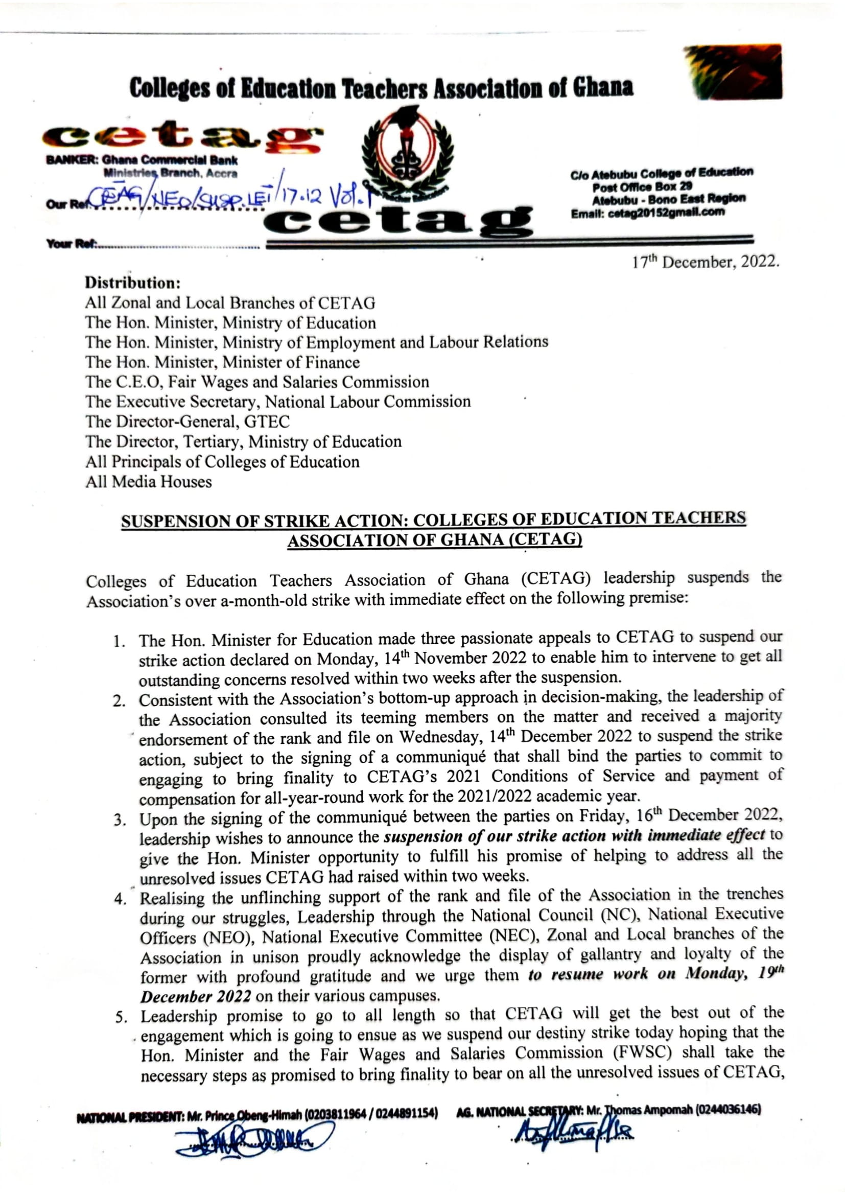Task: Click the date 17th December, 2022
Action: (705, 262)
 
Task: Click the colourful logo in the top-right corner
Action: (733, 72)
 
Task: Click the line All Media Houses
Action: (149, 482)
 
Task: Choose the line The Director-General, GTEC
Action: (188, 421)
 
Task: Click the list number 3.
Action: (120, 821)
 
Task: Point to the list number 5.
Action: (121, 1018)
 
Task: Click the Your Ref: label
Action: (72, 244)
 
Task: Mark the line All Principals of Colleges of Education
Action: (223, 462)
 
